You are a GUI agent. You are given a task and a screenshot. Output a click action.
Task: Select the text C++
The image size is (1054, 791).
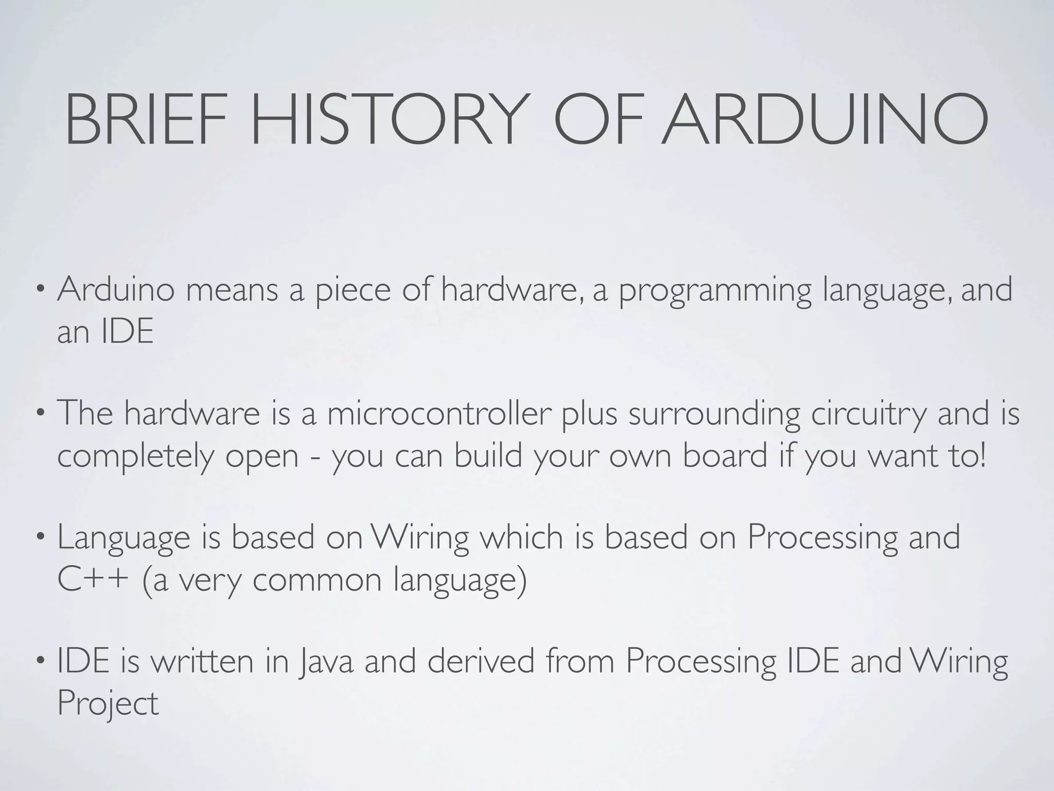pyautogui.click(x=93, y=580)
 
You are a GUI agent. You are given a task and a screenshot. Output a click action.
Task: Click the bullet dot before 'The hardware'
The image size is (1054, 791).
pyautogui.click(x=42, y=412)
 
